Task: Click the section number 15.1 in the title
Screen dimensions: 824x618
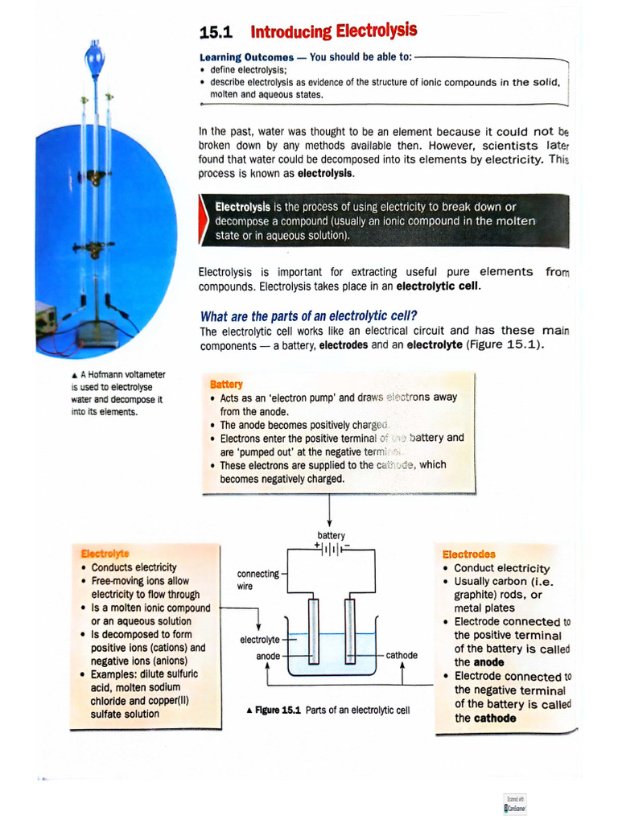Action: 214,34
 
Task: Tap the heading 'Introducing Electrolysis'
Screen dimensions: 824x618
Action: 333,32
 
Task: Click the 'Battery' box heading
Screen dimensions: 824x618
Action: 226,385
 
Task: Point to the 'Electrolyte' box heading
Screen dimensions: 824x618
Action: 105,554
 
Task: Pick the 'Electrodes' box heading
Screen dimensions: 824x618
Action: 469,554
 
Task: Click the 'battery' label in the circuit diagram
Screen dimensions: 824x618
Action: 331,536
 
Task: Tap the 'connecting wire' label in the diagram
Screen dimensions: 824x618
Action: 257,579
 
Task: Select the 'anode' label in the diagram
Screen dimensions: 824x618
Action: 268,656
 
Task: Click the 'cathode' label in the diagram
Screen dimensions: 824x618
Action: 402,655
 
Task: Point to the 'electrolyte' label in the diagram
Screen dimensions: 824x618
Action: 260,640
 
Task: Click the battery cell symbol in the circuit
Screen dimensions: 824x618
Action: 332,550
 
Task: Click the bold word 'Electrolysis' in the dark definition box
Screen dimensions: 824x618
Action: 242,207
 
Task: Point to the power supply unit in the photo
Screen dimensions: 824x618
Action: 45,318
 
